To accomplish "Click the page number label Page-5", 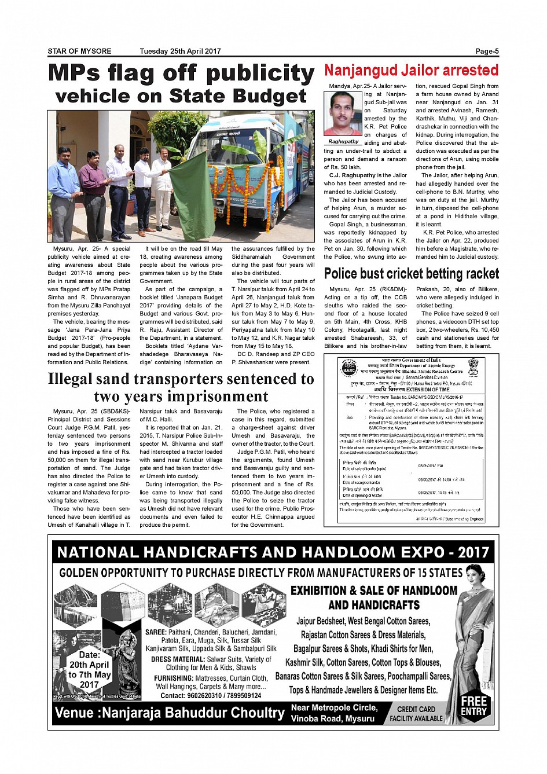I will point(487,52).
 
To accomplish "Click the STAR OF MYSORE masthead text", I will point(79,52).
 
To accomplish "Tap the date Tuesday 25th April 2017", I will point(180,52).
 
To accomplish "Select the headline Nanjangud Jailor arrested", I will point(411,71).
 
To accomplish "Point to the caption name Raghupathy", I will point(343,142).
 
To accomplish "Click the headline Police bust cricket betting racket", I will point(411,273).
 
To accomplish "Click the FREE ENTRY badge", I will point(473,706).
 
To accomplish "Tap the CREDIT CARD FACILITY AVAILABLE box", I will point(416,713).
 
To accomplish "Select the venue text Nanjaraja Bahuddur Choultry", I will point(192,713).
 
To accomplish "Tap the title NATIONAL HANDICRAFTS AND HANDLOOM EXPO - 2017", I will point(273,552).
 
